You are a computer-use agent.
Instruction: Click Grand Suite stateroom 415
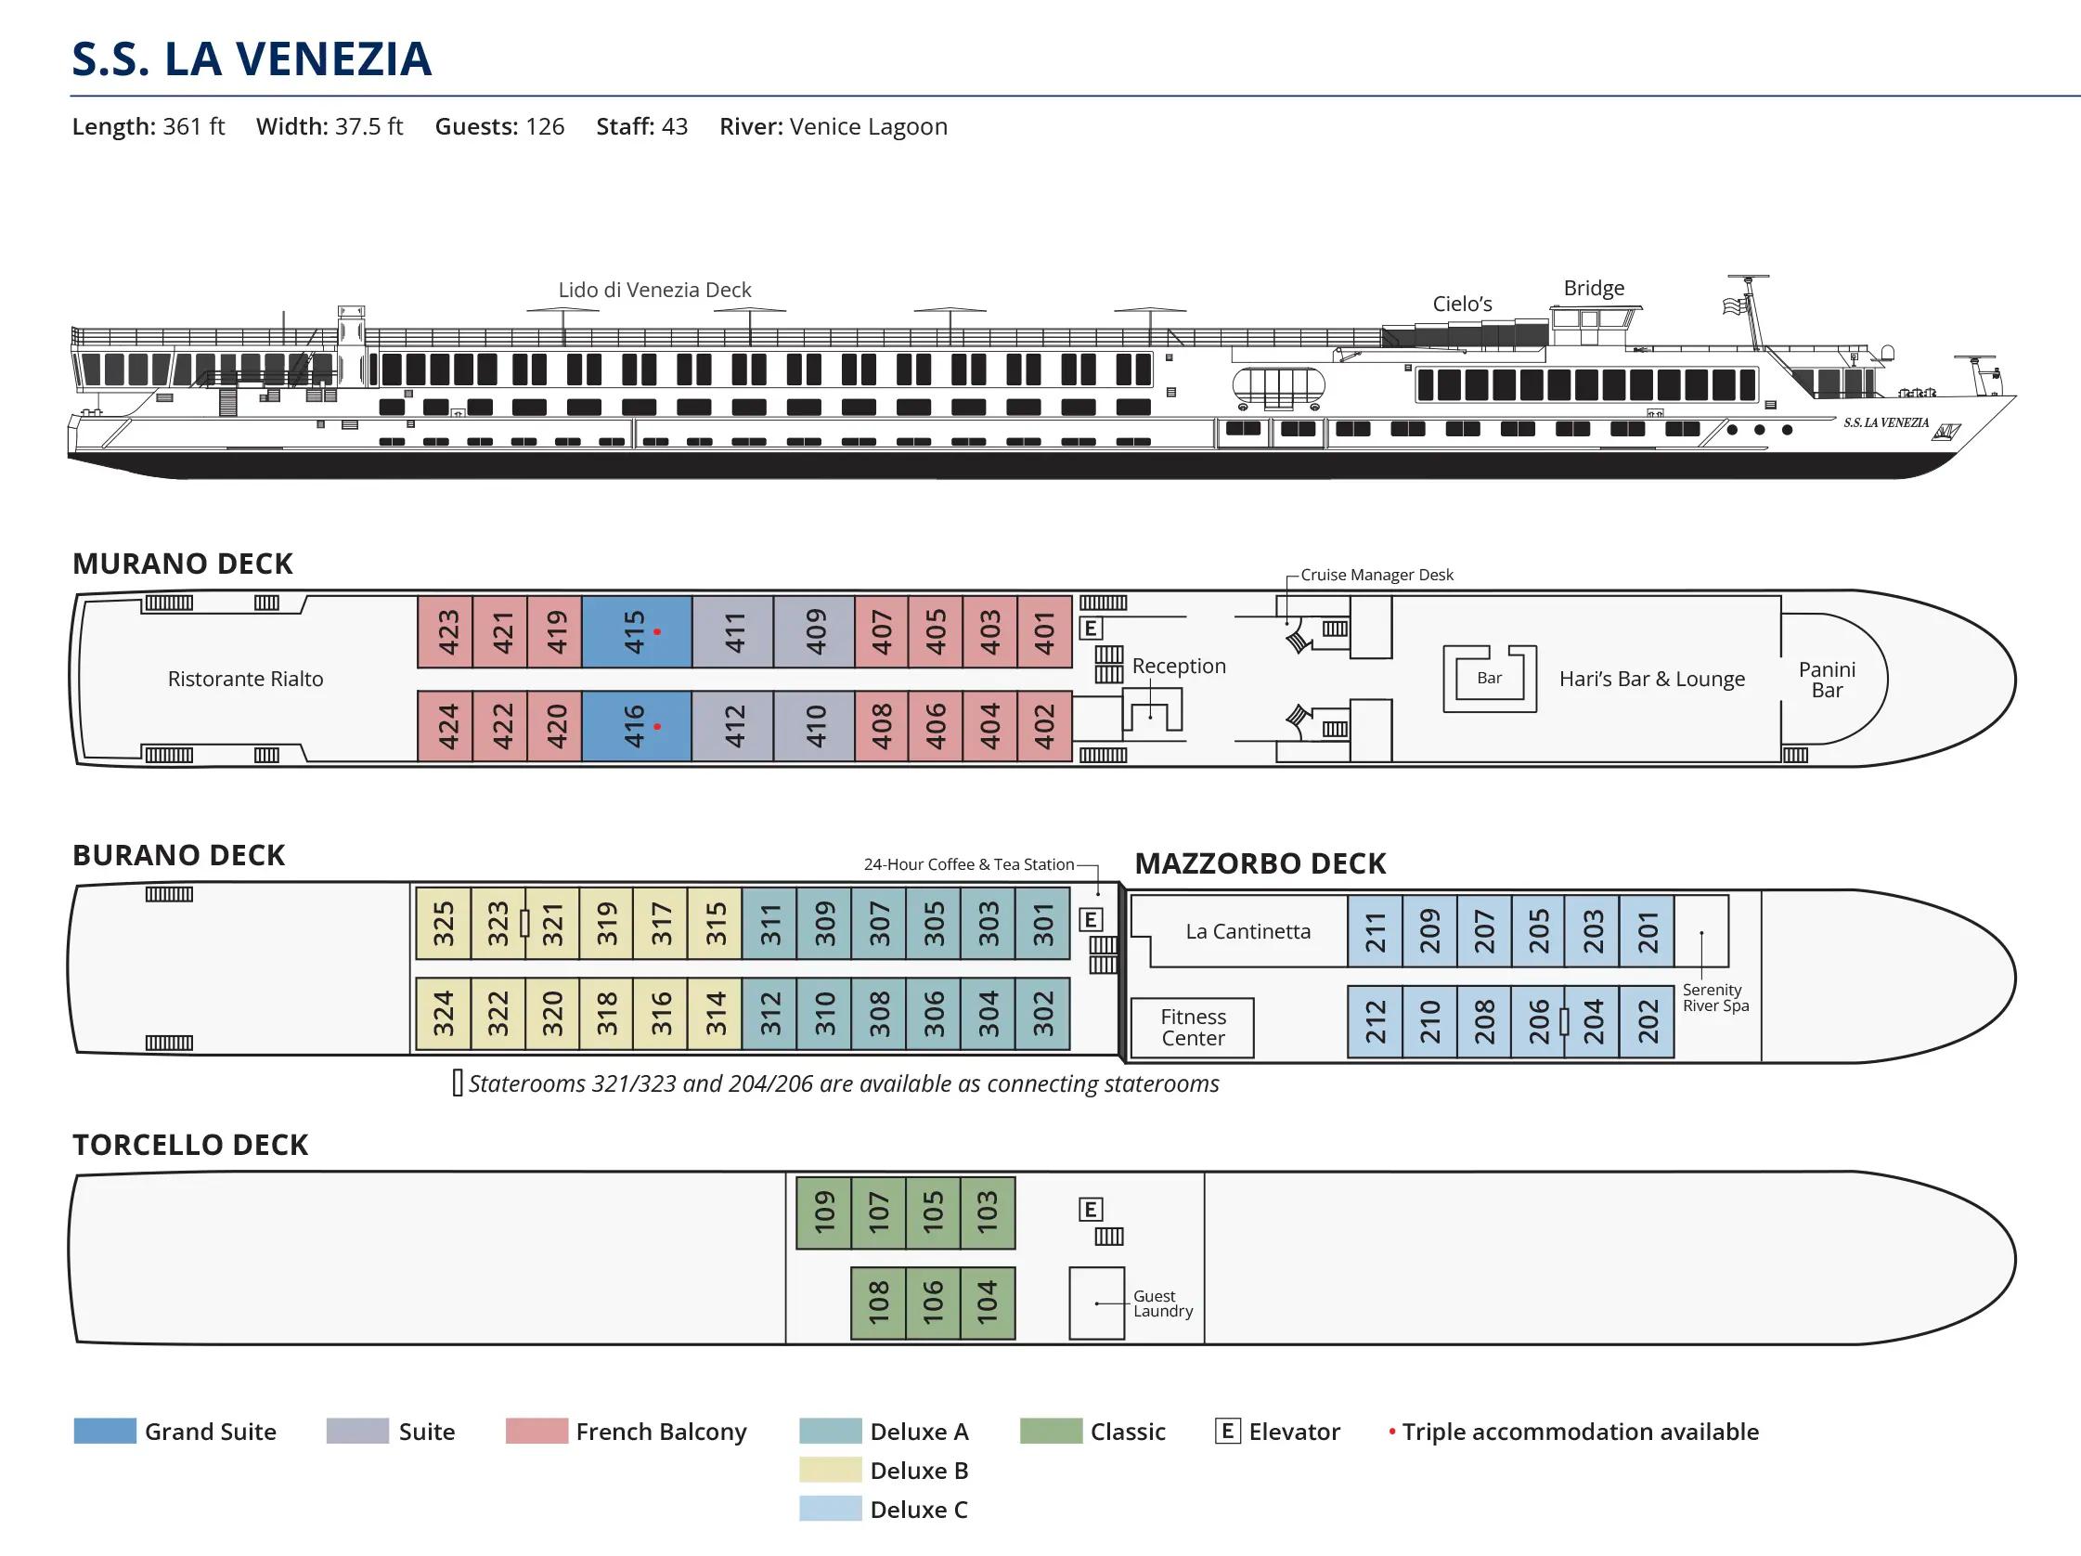pyautogui.click(x=636, y=631)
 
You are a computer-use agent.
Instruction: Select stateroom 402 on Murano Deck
pyautogui.click(x=1044, y=725)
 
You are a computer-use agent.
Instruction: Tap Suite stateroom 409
pyautogui.click(x=815, y=631)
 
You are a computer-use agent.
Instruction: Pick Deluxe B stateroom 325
pyautogui.click(x=443, y=923)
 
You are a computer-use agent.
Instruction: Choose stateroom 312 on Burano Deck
pyautogui.click(x=769, y=1013)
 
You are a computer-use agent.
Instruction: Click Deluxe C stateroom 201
pyautogui.click(x=1647, y=930)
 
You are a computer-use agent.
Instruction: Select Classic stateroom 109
pyautogui.click(x=823, y=1212)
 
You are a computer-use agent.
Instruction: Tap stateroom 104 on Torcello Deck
pyautogui.click(x=987, y=1303)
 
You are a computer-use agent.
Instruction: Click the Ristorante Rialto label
pyautogui.click(x=245, y=679)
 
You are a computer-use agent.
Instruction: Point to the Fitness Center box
pyautogui.click(x=1192, y=1028)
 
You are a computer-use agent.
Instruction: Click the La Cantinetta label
pyautogui.click(x=1247, y=931)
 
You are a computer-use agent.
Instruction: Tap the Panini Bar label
pyautogui.click(x=1826, y=680)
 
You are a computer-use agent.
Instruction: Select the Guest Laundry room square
pyautogui.click(x=1096, y=1303)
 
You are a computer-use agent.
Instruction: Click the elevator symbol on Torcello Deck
pyautogui.click(x=1091, y=1209)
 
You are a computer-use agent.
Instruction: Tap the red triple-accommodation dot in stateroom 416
pyautogui.click(x=656, y=726)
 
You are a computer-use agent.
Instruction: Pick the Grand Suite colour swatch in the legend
pyautogui.click(x=105, y=1431)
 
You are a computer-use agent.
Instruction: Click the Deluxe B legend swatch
pyautogui.click(x=830, y=1470)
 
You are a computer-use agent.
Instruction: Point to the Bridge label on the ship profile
pyautogui.click(x=1594, y=288)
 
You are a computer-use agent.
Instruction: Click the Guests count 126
pyautogui.click(x=545, y=126)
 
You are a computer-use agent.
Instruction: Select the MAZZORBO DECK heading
pyautogui.click(x=1260, y=862)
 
